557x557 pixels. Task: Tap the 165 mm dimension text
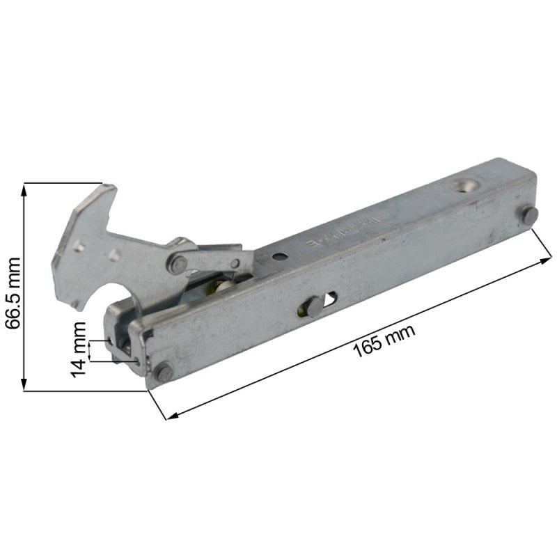pos(384,340)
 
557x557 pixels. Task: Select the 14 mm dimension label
pos(79,348)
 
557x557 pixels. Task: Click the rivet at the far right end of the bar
pos(529,215)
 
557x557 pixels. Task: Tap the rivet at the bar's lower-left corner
pos(164,373)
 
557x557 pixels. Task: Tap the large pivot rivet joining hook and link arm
pos(179,264)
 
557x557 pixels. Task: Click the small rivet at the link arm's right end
pos(235,263)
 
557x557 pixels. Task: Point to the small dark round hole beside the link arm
pos(278,256)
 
